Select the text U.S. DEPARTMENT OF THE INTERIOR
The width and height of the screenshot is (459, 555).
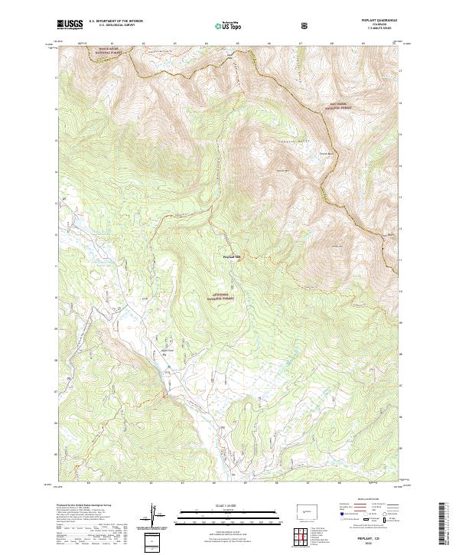(114, 22)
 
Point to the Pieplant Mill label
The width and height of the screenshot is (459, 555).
(231, 256)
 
